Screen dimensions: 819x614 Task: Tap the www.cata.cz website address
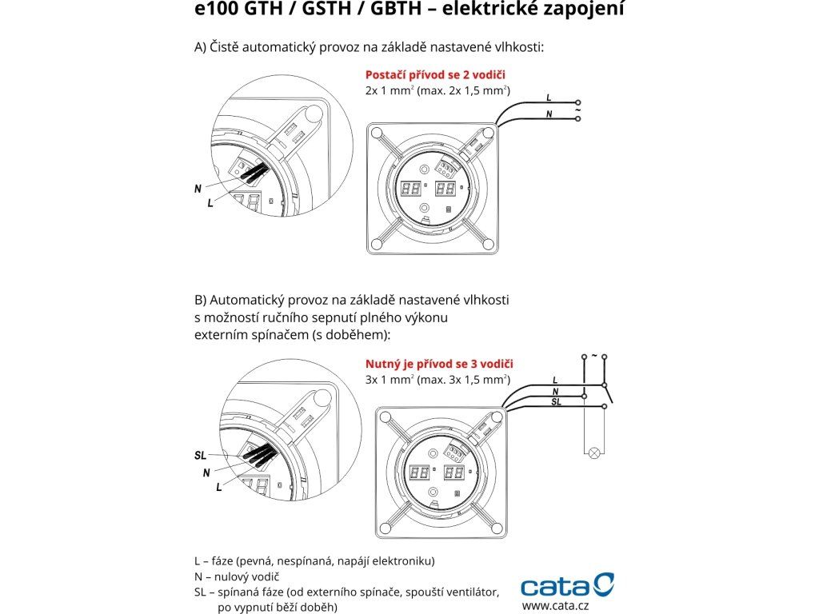(x=555, y=606)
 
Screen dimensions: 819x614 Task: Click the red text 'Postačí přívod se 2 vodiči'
(x=435, y=74)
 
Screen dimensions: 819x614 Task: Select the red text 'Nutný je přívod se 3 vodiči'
(x=439, y=364)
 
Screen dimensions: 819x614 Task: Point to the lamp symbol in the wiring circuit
(x=594, y=453)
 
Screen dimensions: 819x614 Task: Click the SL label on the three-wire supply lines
(x=557, y=401)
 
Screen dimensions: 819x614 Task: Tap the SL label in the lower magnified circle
(x=201, y=455)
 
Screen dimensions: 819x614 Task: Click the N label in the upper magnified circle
(x=198, y=189)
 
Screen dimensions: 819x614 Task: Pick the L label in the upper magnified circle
(x=210, y=202)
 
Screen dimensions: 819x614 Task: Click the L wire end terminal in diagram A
(x=577, y=103)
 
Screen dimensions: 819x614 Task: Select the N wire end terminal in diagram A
(x=577, y=119)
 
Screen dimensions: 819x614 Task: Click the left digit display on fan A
(x=410, y=188)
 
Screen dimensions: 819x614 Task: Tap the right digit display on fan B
(x=454, y=473)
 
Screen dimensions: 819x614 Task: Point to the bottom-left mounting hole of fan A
(x=377, y=244)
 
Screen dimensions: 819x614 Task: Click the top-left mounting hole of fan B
(x=386, y=417)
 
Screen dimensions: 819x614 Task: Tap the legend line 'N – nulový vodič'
(x=237, y=576)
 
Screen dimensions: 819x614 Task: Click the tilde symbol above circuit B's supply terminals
(x=594, y=356)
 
